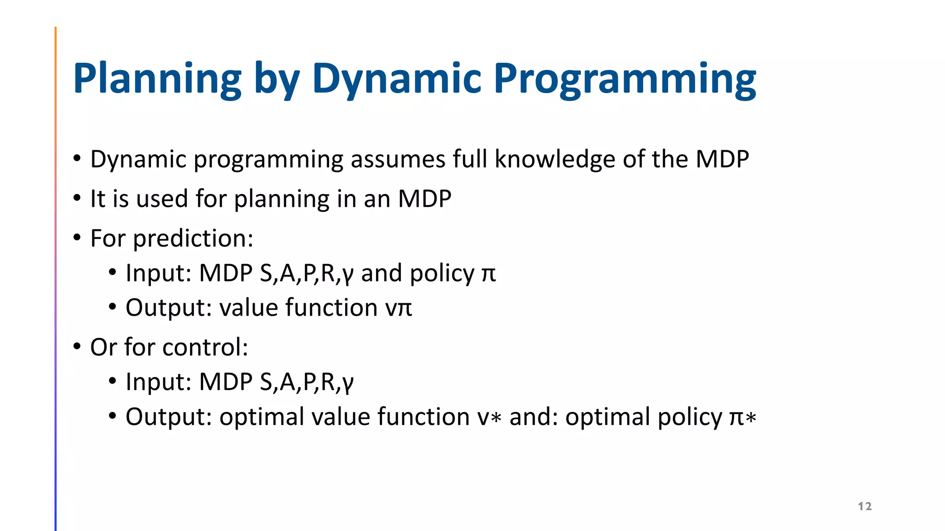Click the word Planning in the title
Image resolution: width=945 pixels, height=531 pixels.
coord(157,79)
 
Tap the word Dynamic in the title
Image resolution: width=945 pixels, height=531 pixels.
coord(397,79)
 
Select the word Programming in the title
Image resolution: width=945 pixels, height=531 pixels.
coord(625,79)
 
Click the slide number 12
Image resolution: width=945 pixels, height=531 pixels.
coord(865,506)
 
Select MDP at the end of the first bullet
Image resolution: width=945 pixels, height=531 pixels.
coord(722,159)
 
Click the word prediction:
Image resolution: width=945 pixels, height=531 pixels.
coord(193,239)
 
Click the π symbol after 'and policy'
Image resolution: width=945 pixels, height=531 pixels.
coord(489,274)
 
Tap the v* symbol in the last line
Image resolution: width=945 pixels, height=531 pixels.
coord(489,417)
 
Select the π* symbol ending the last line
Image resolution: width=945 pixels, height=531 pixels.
coord(742,417)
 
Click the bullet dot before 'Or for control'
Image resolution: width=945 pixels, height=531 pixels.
coord(77,346)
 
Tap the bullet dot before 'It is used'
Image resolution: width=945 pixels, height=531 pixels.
coord(77,198)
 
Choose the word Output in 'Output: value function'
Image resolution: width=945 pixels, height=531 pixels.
coord(168,308)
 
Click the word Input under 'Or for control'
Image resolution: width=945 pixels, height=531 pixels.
coord(158,382)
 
